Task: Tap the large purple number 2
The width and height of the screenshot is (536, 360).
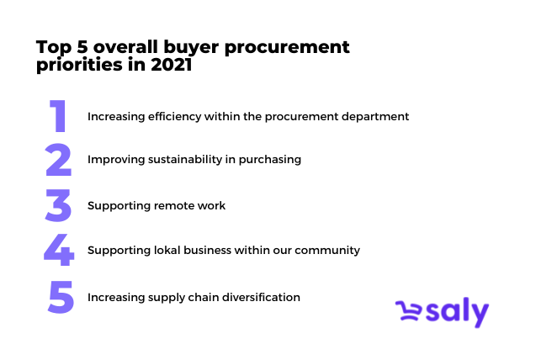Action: (58, 160)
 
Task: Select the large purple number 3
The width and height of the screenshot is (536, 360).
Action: (58, 205)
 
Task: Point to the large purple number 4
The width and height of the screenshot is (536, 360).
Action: (59, 250)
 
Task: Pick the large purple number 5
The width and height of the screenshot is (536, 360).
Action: (61, 297)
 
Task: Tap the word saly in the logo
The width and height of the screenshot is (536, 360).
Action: (458, 311)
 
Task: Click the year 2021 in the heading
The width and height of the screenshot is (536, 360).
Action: (172, 65)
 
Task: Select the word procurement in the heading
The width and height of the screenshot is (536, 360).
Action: (287, 47)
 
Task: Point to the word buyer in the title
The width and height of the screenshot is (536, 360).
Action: (191, 47)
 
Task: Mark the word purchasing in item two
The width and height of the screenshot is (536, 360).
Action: (270, 160)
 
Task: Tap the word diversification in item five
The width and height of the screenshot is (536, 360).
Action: (261, 297)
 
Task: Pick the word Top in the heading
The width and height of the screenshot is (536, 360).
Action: (54, 47)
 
